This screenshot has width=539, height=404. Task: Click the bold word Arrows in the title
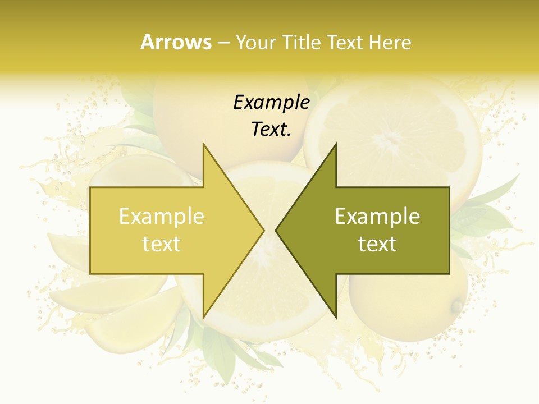coord(176,42)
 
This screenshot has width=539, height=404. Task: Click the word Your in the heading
coord(255,43)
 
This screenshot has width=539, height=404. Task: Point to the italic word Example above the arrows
coord(271,102)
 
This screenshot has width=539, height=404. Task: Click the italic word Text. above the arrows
coord(271,129)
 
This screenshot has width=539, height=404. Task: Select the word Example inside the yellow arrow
coord(162,217)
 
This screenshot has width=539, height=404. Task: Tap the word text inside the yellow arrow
coord(162,244)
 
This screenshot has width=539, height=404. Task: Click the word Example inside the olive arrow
coord(377,217)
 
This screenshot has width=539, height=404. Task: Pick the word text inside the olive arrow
coord(377,244)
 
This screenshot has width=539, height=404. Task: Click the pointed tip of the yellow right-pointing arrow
coord(264,230)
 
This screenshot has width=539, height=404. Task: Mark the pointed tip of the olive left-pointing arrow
coord(276,230)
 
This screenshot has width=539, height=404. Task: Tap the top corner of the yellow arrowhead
coord(203,143)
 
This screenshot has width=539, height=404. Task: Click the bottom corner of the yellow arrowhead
coord(203,318)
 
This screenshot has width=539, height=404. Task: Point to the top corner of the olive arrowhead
coord(336,143)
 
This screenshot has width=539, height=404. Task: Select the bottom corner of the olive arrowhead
coord(336,318)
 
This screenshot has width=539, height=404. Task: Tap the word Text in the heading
coord(345,42)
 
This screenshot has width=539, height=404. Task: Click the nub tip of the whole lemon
coord(458,306)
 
